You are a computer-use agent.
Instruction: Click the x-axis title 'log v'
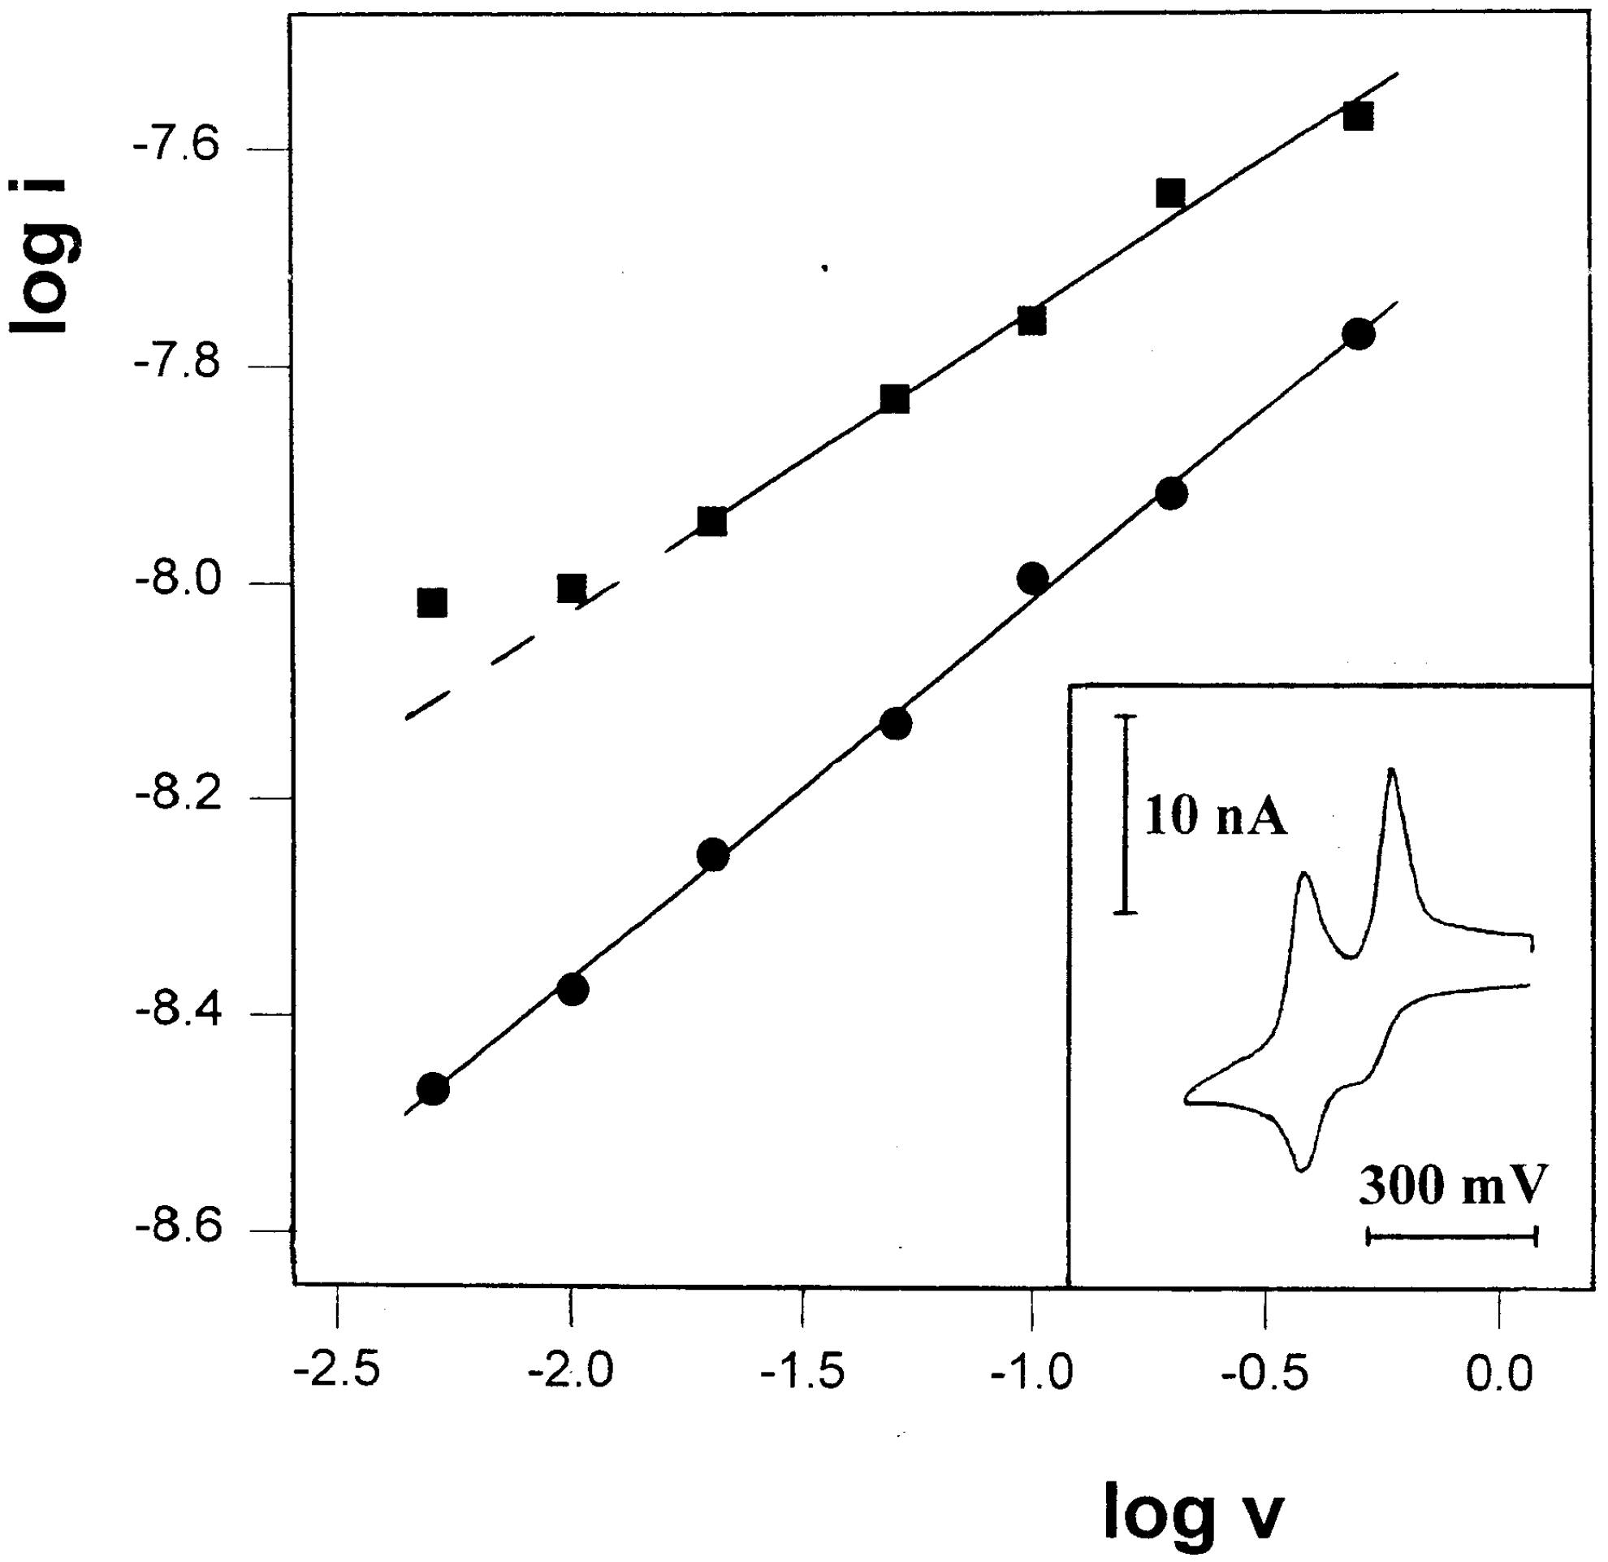click(x=1193, y=1509)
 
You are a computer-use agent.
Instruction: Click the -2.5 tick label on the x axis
click(x=336, y=1373)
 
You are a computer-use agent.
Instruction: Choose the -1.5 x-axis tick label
click(x=802, y=1373)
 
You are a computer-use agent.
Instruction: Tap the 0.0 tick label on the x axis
click(x=1498, y=1373)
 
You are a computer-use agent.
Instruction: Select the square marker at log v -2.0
click(x=572, y=588)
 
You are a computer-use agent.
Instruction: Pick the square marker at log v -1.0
click(x=1032, y=320)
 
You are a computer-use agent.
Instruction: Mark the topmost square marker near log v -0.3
click(x=1359, y=115)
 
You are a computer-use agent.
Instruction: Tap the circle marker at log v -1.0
click(x=1032, y=578)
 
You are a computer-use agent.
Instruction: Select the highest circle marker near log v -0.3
click(x=1359, y=334)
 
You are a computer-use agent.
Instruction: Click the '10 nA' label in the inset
click(x=1215, y=818)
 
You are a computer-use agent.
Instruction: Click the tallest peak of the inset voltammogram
click(x=1391, y=770)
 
